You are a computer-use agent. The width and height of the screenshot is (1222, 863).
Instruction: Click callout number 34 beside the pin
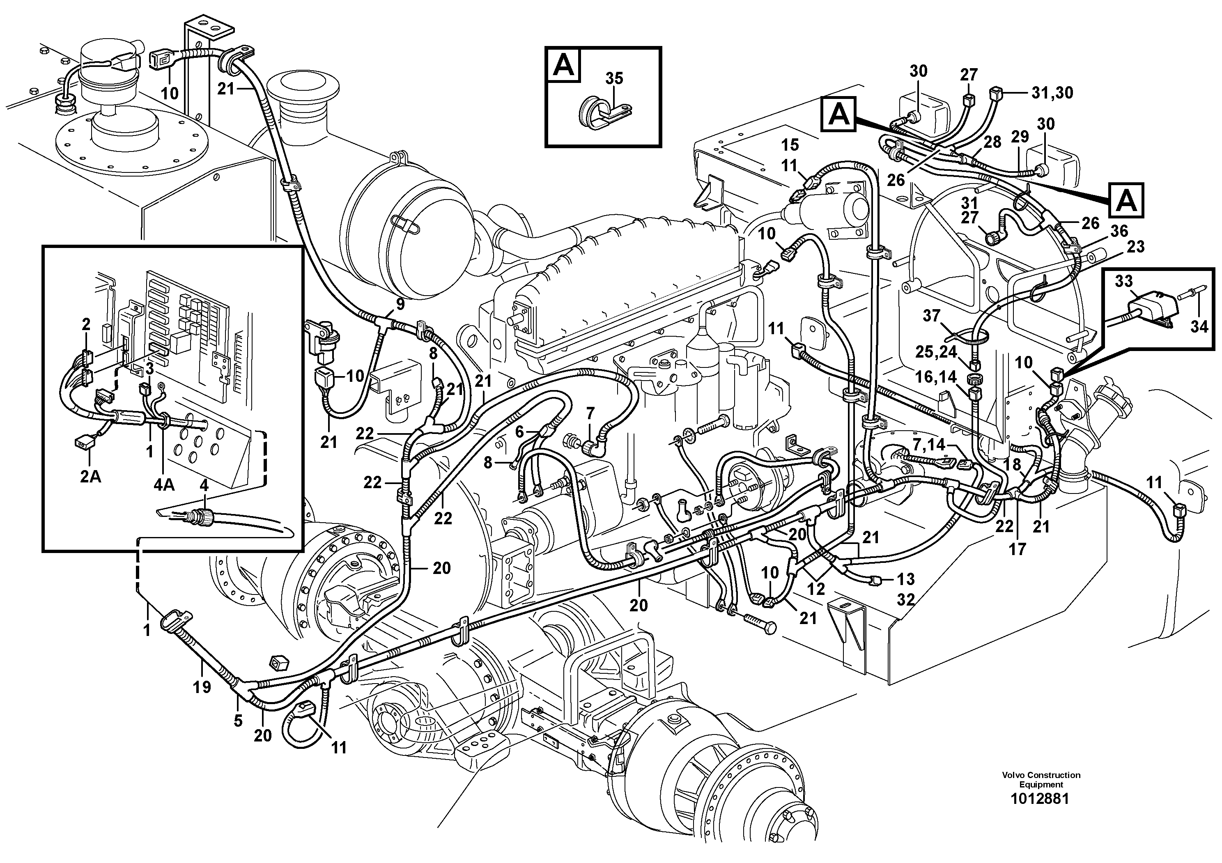click(x=1199, y=326)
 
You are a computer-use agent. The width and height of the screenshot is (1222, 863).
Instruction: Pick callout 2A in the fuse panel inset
click(x=90, y=477)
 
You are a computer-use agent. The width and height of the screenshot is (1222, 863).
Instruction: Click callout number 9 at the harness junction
click(x=400, y=305)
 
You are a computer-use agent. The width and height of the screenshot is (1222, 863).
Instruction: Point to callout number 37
click(x=931, y=316)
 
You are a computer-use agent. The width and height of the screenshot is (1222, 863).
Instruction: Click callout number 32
click(x=906, y=600)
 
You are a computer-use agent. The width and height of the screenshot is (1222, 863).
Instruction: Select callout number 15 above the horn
click(x=790, y=145)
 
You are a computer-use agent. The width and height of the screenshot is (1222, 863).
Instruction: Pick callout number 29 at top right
click(x=1020, y=137)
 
